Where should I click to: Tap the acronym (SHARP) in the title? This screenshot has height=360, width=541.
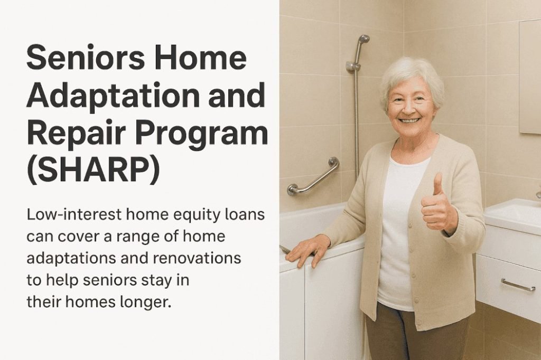(x=93, y=171)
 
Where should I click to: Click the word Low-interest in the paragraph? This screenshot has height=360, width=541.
(x=74, y=214)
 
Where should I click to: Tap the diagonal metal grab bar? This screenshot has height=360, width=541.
(x=313, y=176)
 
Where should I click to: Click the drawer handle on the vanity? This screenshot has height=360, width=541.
(x=518, y=285)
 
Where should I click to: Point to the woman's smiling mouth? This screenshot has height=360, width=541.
(x=410, y=121)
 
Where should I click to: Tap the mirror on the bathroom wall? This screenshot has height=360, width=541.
(x=530, y=76)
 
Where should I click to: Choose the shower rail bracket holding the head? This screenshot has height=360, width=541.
(x=353, y=67)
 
